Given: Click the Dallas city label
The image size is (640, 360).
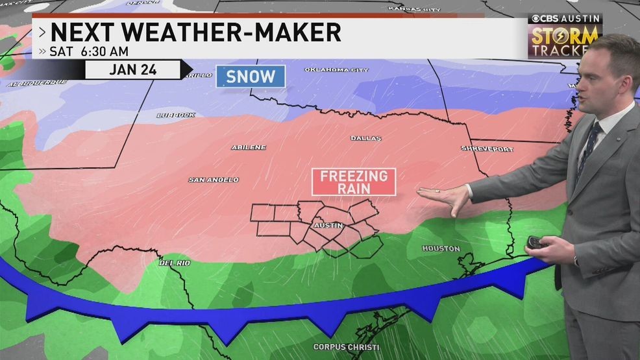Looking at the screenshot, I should [x=366, y=138].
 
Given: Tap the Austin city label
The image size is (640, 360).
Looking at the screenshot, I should [x=328, y=225].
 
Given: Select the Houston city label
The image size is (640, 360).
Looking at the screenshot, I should [x=441, y=248].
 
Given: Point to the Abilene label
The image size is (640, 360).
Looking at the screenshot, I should [x=249, y=147].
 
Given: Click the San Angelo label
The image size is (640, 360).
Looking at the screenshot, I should [x=214, y=180].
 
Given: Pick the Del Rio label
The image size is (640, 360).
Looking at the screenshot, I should [x=175, y=263].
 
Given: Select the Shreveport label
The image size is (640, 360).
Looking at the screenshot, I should [x=487, y=149].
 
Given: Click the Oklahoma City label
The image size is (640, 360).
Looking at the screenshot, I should [x=336, y=69].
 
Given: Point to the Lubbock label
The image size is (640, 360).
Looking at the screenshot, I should [x=175, y=115].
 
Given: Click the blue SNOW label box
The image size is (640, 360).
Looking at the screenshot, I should [x=251, y=76].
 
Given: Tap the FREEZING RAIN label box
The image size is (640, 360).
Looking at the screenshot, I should [x=354, y=182].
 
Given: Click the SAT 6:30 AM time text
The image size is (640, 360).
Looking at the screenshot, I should [x=89, y=51].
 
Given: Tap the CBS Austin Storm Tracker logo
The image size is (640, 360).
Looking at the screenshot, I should [x=563, y=36].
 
